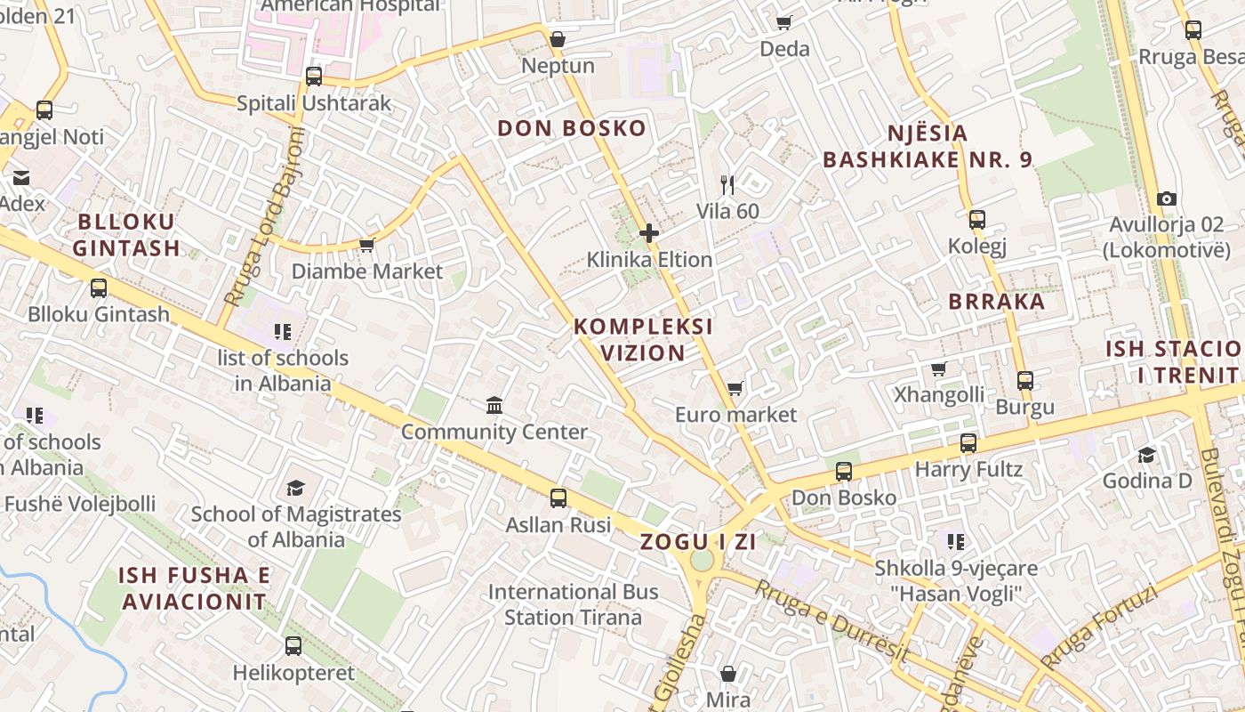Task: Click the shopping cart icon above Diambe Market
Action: point(365,245)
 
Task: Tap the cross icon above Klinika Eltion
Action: point(649,234)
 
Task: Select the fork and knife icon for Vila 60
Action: point(727,185)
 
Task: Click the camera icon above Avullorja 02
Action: point(1166,199)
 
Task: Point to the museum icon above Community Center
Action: point(494,406)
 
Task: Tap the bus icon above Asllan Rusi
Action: point(558,498)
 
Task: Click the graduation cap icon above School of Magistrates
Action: point(295,488)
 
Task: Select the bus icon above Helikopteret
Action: point(293,646)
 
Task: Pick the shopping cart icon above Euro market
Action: point(735,388)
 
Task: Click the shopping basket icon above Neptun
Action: point(558,39)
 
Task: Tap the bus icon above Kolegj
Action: point(976,219)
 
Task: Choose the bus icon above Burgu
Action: point(1024,381)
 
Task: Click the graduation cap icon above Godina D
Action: point(1146,455)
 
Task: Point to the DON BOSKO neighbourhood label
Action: point(571,128)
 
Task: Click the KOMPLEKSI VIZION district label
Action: point(643,339)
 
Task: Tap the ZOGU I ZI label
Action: point(698,541)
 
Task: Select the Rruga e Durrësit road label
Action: point(831,621)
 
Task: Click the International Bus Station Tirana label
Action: point(573,604)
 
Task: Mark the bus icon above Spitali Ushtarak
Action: point(313,77)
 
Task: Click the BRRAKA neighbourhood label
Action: point(996,301)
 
